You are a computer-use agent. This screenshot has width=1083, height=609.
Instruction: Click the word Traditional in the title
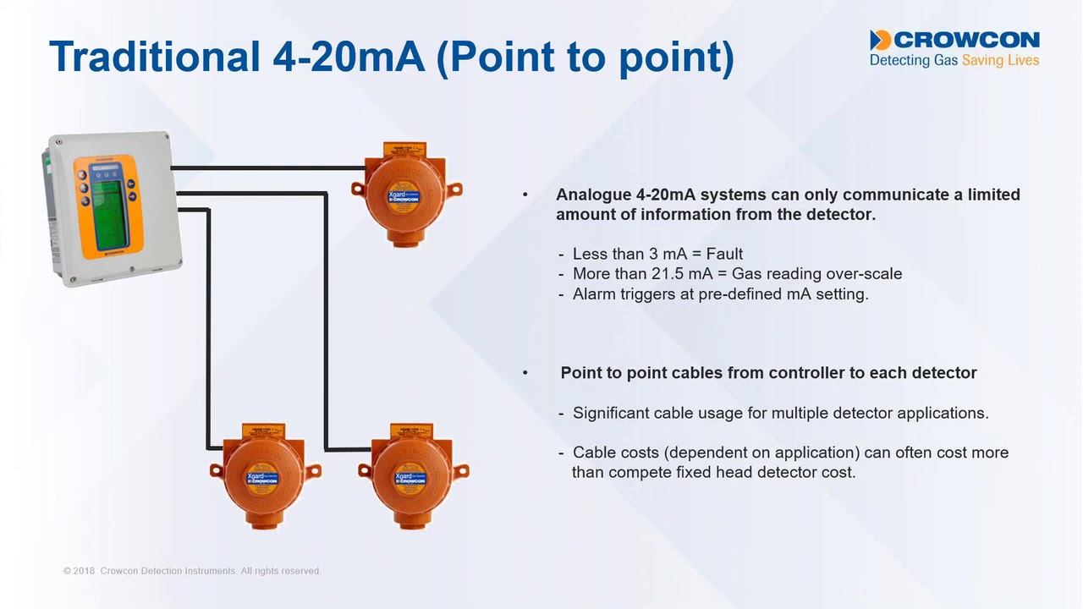[x=155, y=56]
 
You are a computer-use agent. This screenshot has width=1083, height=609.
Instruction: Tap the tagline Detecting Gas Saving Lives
[x=954, y=61]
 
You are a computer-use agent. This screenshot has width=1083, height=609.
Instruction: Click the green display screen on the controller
[x=106, y=203]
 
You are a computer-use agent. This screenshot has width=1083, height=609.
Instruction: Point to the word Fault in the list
[x=724, y=254]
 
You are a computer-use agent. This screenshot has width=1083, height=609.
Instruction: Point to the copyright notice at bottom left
[x=192, y=571]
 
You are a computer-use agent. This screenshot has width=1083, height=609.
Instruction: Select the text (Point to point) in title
[x=585, y=56]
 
